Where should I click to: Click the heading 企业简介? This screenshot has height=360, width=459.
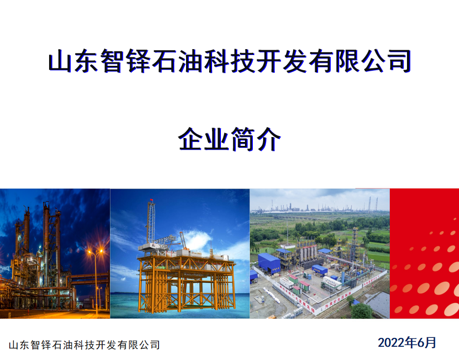coord(230,139)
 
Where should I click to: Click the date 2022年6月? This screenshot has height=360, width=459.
coord(407,342)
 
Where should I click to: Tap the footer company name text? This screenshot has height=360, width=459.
coord(84,345)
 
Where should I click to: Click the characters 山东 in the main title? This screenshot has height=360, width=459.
coord(73,61)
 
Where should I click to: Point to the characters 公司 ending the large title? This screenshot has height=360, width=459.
coord(386,61)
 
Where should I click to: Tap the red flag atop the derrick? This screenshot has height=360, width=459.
coord(151,200)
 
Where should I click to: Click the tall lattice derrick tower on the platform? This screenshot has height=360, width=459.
coord(151,222)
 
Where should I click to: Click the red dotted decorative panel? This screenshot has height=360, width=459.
coord(425,253)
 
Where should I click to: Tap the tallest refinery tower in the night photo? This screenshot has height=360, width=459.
coord(46,243)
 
